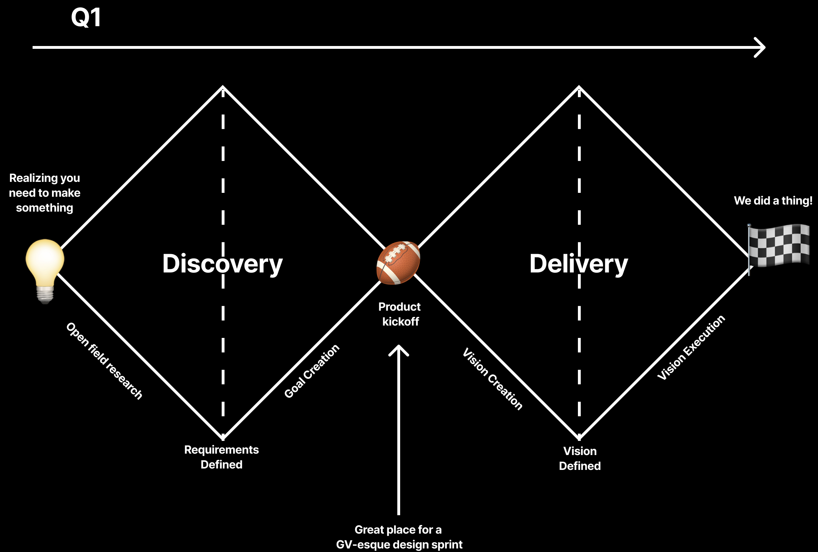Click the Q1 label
pos(86,18)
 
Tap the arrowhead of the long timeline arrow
pos(761,47)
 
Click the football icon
pos(398,263)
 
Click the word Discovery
pos(222,264)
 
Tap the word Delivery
pos(579,264)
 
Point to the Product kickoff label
pos(400,314)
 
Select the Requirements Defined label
pos(222,457)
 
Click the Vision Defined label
pos(580,458)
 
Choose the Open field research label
pos(104,361)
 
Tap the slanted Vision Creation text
pos(493,379)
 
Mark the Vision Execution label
pos(691,347)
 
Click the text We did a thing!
pos(773,201)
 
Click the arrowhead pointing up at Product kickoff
pos(399,348)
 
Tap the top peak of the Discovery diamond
pos(223,87)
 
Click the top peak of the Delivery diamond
pos(579,87)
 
